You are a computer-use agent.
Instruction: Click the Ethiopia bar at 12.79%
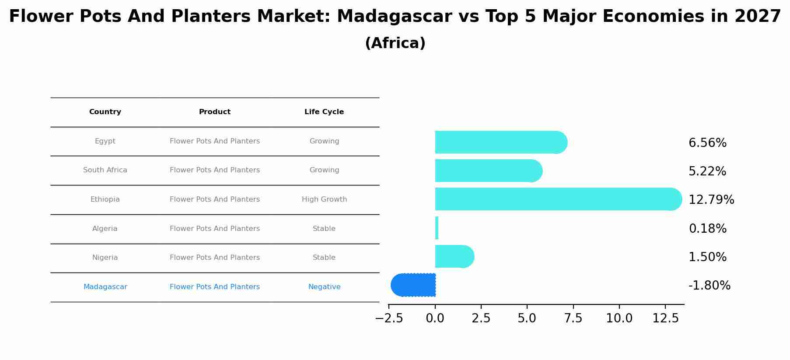[556, 199]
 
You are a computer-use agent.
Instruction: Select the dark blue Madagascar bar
[413, 285]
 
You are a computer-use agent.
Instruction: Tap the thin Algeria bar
[437, 228]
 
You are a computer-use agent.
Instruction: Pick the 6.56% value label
[707, 143]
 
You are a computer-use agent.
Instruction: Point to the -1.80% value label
[709, 286]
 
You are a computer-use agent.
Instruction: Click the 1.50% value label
[707, 257]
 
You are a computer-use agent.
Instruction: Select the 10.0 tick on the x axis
[619, 318]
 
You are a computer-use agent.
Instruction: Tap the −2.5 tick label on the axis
[389, 318]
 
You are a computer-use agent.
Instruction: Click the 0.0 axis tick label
[435, 318]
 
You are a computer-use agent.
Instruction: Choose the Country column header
[105, 112]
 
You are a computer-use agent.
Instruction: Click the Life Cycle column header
[324, 112]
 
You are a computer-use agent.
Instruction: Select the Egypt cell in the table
[105, 141]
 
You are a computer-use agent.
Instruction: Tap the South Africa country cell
[105, 170]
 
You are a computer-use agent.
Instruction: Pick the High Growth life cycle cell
[324, 199]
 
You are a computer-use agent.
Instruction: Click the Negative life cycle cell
[324, 287]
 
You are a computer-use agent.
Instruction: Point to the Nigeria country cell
[105, 258]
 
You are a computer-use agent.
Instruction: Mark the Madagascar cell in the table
[105, 287]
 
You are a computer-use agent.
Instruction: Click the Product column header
[214, 112]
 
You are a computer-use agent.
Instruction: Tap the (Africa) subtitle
[395, 43]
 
